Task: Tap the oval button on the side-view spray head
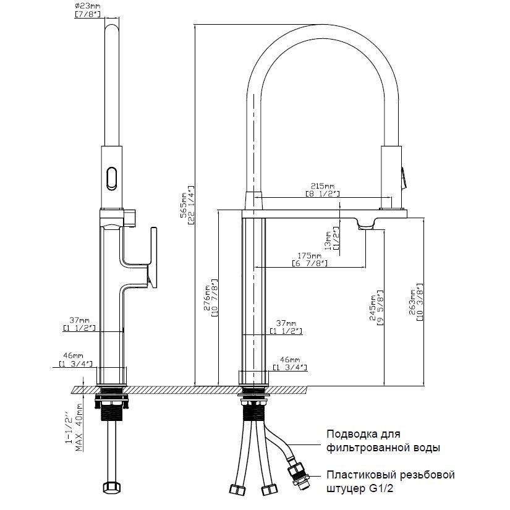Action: click(x=112, y=178)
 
